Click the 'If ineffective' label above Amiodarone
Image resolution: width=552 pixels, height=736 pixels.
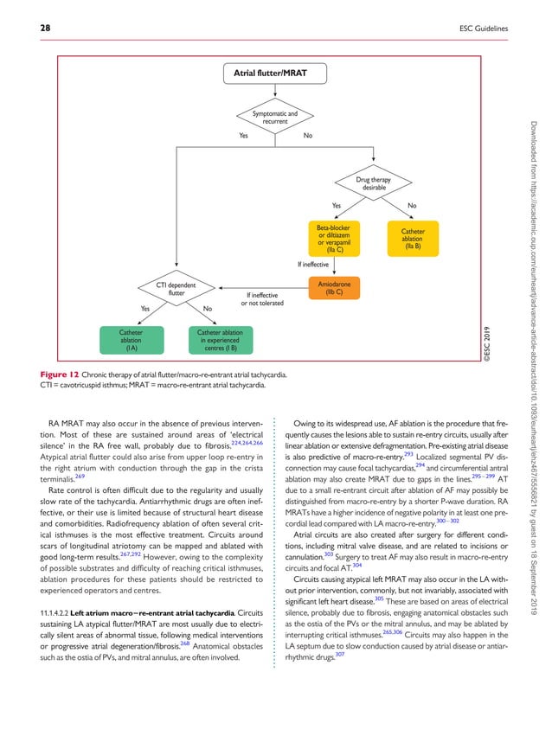click(x=313, y=264)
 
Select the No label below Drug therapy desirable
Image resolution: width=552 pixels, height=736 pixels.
click(x=412, y=205)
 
